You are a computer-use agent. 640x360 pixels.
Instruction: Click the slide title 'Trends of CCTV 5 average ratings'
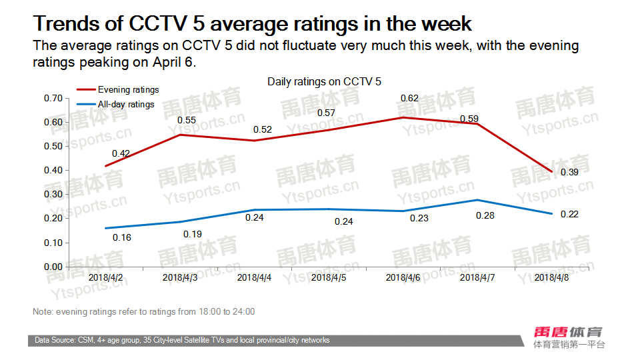[x=253, y=24]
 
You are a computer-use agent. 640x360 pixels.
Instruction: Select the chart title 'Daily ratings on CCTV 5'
[x=324, y=81]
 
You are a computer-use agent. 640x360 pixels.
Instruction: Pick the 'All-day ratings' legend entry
[x=125, y=104]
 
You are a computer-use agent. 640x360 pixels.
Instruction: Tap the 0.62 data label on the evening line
[x=409, y=99]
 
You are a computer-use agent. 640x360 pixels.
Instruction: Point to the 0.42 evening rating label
[x=121, y=153]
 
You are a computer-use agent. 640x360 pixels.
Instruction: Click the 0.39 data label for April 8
[x=551, y=172]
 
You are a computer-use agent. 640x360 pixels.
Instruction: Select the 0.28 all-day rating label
[x=485, y=216]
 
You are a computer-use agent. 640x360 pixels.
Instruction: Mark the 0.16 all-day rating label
[x=122, y=237]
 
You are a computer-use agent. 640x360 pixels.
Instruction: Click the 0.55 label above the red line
[x=186, y=121]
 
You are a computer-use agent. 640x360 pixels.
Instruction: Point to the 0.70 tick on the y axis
[x=53, y=99]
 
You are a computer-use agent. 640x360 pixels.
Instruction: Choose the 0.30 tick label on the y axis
[x=53, y=195]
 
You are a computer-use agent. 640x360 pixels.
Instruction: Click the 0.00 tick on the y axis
[x=53, y=267]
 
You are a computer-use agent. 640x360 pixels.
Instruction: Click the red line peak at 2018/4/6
[x=403, y=117]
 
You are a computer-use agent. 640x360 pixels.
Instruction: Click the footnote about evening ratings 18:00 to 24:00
[x=143, y=312]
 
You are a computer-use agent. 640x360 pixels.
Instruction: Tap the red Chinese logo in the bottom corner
[x=569, y=331]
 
